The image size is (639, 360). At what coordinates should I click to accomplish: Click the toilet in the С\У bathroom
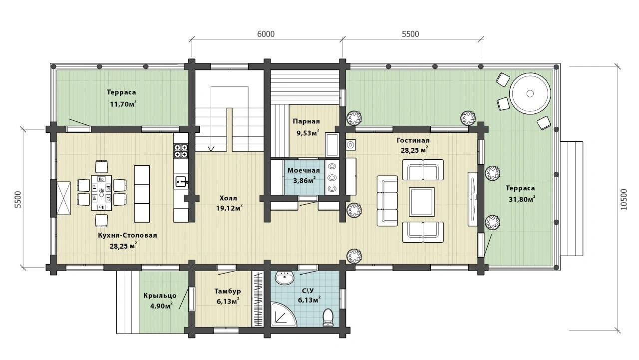click(x=328, y=318)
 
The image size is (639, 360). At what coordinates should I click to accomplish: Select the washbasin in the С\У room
click(x=285, y=278)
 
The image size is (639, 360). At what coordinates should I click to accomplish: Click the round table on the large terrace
click(x=530, y=93)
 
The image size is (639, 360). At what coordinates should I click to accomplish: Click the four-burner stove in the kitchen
click(x=181, y=151)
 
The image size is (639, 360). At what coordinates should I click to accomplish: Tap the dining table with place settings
click(x=101, y=193)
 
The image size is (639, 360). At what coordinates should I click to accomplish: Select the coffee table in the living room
click(x=422, y=202)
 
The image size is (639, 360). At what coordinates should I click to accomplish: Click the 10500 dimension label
click(x=624, y=199)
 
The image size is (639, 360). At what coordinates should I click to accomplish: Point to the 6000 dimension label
click(x=266, y=34)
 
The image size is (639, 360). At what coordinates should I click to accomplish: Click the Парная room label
click(x=307, y=121)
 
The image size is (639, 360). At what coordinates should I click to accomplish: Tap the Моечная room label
click(x=304, y=171)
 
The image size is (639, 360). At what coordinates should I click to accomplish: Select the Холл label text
click(x=228, y=198)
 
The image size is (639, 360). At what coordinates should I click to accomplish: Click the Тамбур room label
click(x=228, y=291)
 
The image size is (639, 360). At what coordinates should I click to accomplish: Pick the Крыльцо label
click(x=160, y=296)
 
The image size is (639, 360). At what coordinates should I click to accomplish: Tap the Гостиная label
click(x=413, y=140)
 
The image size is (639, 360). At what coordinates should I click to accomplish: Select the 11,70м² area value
click(x=123, y=104)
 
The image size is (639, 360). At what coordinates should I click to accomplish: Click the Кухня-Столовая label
click(x=127, y=235)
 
